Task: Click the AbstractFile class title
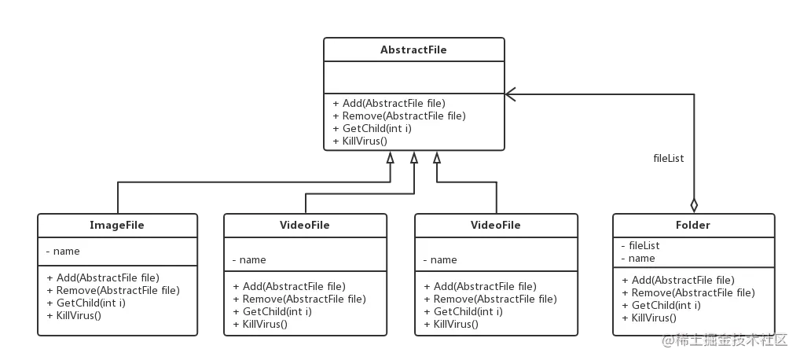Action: [413, 50]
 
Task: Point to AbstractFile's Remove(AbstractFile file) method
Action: [399, 116]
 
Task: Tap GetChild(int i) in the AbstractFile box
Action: [372, 128]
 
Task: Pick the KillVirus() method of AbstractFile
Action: [360, 141]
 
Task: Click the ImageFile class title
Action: [117, 226]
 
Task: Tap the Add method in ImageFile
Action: [103, 277]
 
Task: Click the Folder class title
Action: [692, 225]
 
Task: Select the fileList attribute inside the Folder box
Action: [640, 245]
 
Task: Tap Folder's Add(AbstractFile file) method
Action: [678, 280]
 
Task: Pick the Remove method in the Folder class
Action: [688, 292]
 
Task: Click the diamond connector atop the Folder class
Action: [694, 206]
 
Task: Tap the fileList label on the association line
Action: [669, 158]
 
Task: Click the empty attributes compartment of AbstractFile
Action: [413, 77]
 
